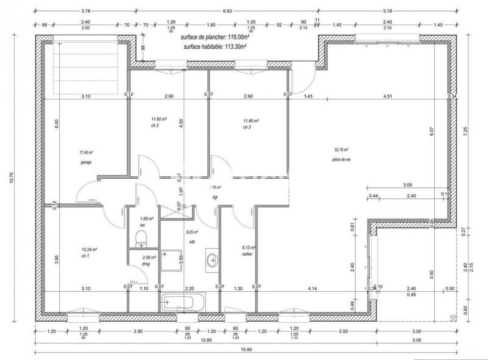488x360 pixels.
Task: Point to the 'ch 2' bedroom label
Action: (x=155, y=126)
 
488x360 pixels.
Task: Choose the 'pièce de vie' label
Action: (x=342, y=159)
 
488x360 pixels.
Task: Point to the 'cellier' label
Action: (x=248, y=254)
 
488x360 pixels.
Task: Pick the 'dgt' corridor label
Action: (x=215, y=196)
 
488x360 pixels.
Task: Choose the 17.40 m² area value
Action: (x=85, y=153)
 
